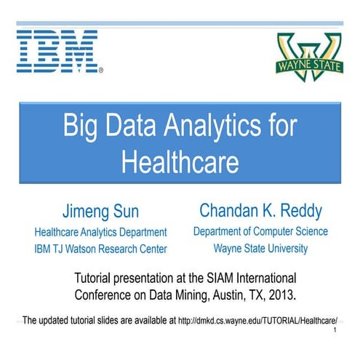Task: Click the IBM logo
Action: tap(59, 51)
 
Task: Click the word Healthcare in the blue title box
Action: tap(180, 159)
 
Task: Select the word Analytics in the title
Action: tap(212, 125)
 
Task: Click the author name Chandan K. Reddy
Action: tap(260, 211)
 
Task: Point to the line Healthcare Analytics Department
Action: tap(101, 233)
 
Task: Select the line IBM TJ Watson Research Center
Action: tap(101, 249)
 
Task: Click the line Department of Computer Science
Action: tap(260, 231)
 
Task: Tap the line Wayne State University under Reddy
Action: tap(260, 249)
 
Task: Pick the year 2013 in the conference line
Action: tap(287, 295)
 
